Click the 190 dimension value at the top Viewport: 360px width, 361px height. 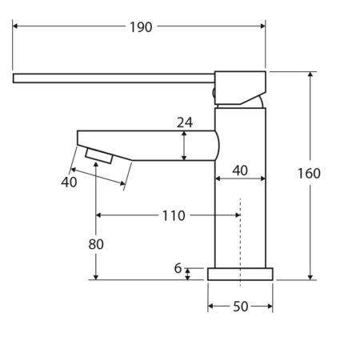[x=141, y=27]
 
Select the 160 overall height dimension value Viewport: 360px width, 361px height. [x=309, y=174]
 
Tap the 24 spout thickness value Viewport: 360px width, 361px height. [x=185, y=122]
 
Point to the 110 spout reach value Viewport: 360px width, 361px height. [x=174, y=215]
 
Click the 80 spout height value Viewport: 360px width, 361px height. [x=96, y=244]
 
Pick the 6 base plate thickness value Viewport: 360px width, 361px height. [x=178, y=268]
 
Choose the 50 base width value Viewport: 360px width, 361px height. [x=241, y=307]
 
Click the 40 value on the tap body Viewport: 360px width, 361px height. [x=240, y=170]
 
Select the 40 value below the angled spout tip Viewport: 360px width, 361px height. [x=69, y=183]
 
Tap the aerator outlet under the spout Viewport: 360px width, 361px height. [x=99, y=156]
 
